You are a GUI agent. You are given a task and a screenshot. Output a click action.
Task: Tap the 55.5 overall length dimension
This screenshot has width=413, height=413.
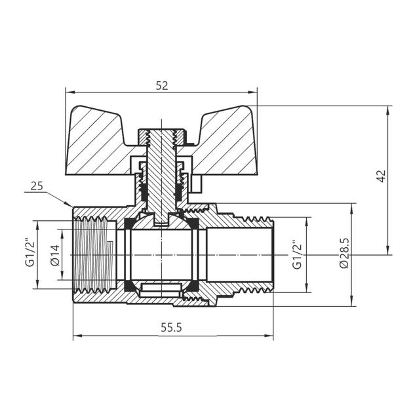pos(170,328)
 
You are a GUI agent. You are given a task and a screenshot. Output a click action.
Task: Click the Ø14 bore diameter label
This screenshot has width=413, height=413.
pos(55,254)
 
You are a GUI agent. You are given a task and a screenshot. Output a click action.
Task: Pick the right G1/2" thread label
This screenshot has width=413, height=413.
pos(296,254)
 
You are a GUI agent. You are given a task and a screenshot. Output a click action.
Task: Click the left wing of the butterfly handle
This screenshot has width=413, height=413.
pos(98,141)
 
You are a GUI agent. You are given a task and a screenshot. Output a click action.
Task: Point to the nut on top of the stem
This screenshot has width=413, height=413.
pos(161,138)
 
